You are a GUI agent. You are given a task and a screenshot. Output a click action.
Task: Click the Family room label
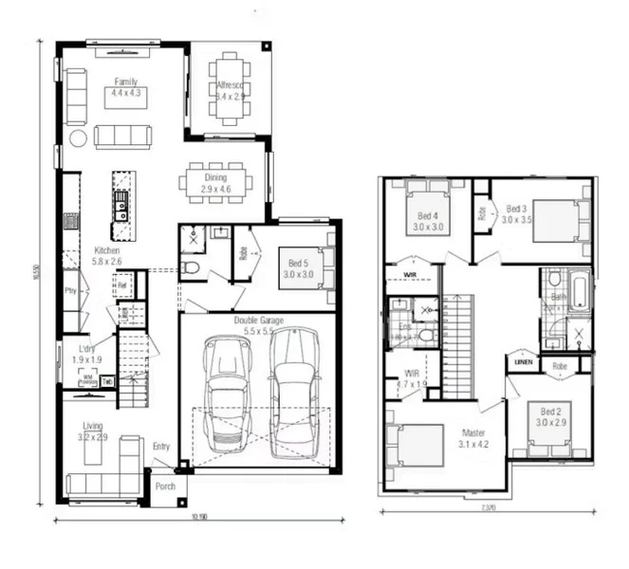coord(125,83)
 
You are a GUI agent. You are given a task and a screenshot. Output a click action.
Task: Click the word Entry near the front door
coord(161,447)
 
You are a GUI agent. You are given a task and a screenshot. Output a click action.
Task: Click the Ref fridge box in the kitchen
coord(122,282)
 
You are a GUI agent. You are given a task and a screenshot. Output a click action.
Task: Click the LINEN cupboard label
coord(522,362)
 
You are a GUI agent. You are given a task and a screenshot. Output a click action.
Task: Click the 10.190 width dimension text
coord(198,517)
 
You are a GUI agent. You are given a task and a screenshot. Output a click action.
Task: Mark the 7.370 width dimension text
coord(488,509)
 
